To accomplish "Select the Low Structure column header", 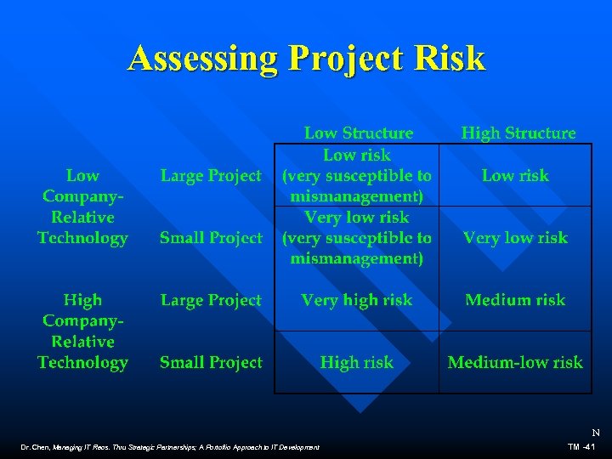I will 359,133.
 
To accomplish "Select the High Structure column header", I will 518,133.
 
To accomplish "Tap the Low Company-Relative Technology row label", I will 82,207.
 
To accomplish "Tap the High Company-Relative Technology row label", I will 82,331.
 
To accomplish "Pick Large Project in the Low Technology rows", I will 211,176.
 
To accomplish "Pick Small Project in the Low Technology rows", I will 211,238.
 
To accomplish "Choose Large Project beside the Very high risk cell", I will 211,300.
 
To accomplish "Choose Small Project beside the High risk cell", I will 211,363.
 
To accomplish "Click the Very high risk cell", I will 356,300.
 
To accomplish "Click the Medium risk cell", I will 515,300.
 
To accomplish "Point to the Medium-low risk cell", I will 515,363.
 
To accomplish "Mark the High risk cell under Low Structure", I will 356,363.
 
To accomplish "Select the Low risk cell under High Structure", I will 515,176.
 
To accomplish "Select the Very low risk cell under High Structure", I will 515,238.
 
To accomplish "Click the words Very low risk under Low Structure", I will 356,218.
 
